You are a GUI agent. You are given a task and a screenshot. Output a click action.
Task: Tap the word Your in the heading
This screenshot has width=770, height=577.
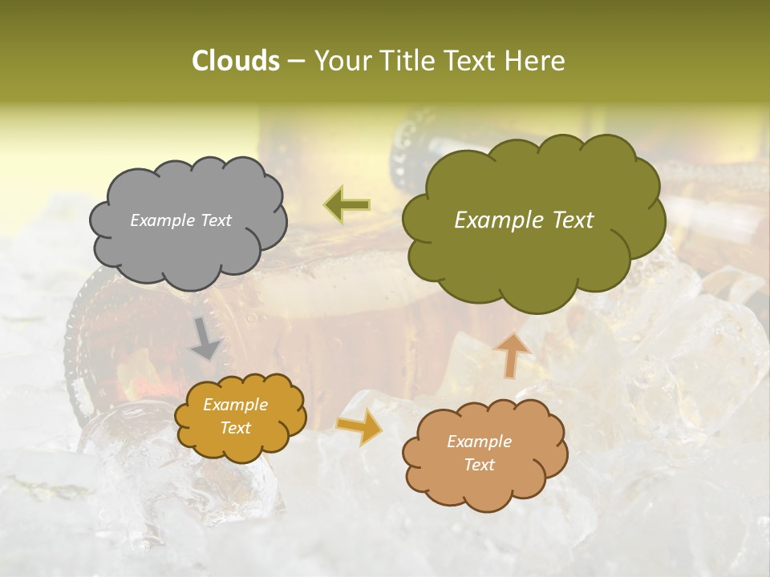340,61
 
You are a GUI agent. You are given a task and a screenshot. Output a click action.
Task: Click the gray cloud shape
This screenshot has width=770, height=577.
188,248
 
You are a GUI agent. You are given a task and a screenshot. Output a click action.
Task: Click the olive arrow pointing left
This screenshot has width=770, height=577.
347,205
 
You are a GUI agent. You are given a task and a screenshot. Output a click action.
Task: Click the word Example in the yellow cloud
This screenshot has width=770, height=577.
236,405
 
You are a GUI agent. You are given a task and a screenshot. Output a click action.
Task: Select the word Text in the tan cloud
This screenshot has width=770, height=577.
479,465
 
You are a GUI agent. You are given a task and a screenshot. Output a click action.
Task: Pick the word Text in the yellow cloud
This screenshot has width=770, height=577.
236,428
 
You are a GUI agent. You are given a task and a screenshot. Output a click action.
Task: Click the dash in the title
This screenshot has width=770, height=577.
295,61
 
